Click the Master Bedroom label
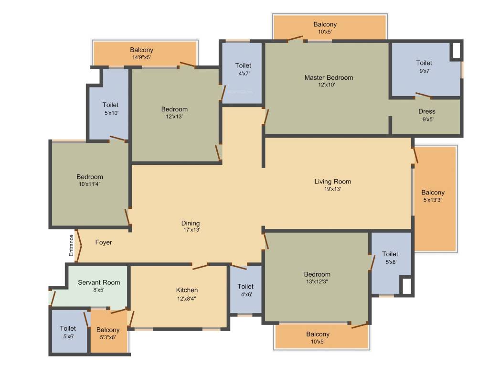click(x=329, y=77)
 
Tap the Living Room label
click(x=332, y=181)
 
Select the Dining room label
click(x=190, y=223)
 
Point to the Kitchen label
click(x=187, y=290)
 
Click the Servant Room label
click(x=99, y=282)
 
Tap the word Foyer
click(x=104, y=242)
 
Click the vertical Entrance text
click(x=71, y=246)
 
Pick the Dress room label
click(x=426, y=111)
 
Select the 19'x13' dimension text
click(x=332, y=189)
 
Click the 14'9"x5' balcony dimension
click(x=141, y=57)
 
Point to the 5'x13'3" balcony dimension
click(x=433, y=200)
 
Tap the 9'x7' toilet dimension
click(x=425, y=71)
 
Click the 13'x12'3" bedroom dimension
click(x=317, y=281)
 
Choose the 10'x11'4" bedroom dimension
click(x=89, y=184)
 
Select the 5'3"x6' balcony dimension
click(x=107, y=337)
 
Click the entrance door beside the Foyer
click(x=78, y=246)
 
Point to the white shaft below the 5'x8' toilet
click(x=407, y=286)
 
